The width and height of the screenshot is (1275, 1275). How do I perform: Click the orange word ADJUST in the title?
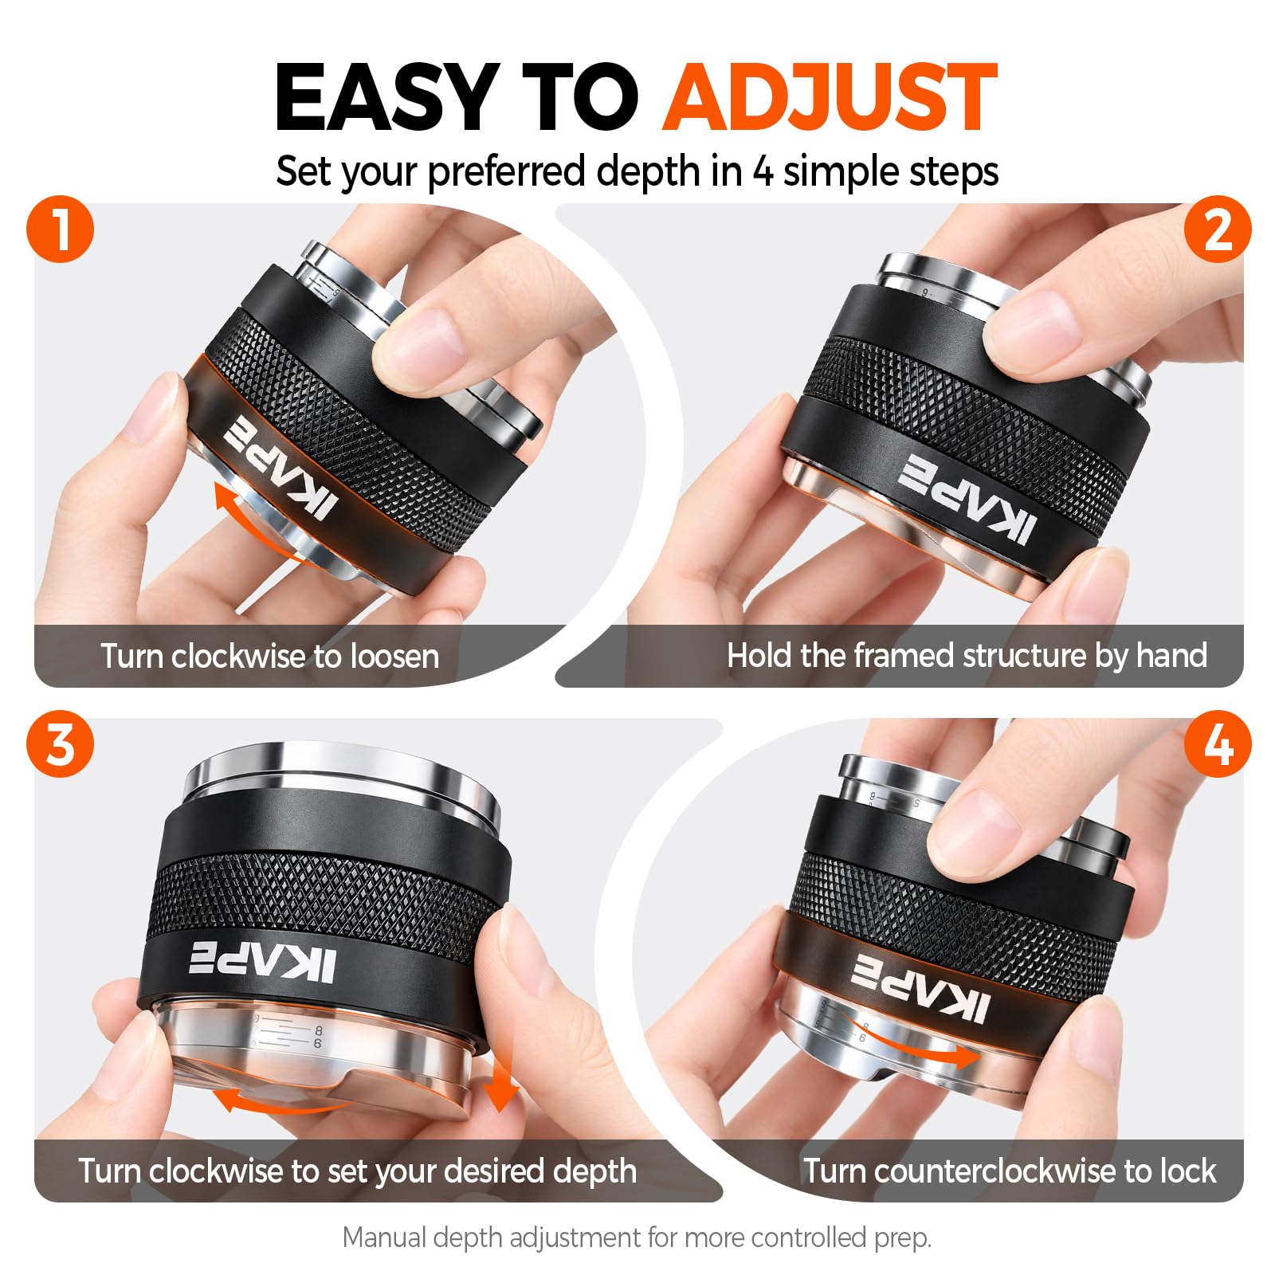point(830,97)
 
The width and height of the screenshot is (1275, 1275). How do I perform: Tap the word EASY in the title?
point(387,97)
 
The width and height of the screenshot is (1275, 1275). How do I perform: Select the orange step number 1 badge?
point(61,231)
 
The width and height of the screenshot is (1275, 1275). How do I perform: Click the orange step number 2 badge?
point(1217,231)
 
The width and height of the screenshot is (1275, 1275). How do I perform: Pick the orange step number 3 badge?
point(61,745)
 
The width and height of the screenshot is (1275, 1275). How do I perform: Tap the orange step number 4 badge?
point(1217,745)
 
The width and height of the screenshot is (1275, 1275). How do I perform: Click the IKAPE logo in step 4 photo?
point(921,987)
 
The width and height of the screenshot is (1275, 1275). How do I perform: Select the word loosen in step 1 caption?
point(395,657)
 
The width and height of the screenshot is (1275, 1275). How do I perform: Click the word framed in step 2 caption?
point(904,656)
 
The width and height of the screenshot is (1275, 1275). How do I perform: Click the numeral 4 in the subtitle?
point(763,171)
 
